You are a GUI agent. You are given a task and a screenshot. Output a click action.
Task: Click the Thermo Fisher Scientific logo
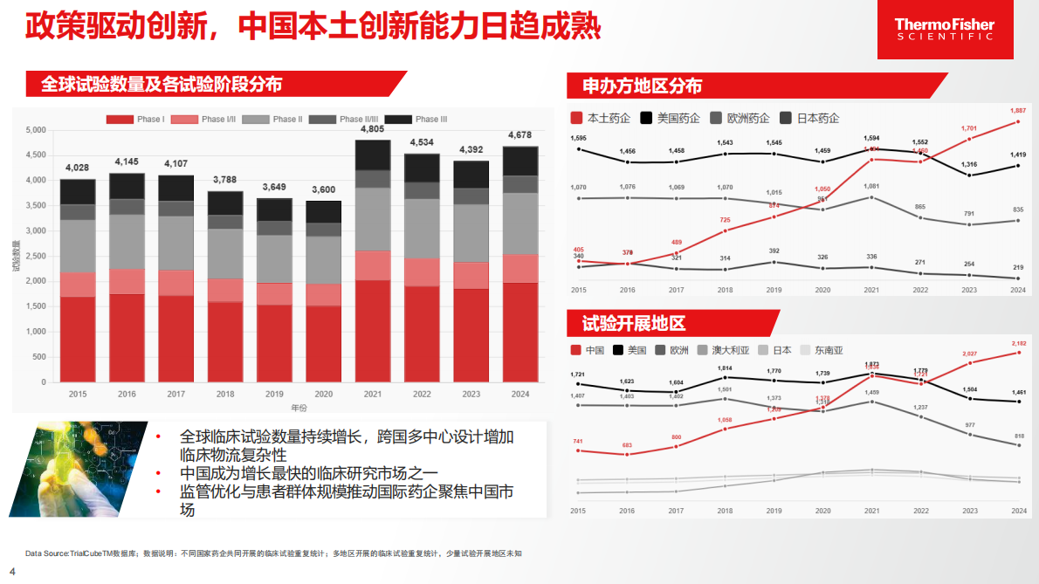(x=945, y=30)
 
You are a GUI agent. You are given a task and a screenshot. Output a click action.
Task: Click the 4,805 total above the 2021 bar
(x=372, y=129)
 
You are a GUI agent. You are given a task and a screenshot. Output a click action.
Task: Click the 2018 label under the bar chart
(x=224, y=395)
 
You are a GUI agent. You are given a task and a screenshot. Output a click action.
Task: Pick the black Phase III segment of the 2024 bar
(x=520, y=161)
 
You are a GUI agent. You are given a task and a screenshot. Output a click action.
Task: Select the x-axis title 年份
(x=299, y=408)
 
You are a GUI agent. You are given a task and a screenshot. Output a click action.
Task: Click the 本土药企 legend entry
(x=601, y=118)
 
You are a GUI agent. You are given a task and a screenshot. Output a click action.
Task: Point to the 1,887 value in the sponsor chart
(x=1018, y=111)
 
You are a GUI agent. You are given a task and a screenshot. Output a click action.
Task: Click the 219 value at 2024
(x=1018, y=267)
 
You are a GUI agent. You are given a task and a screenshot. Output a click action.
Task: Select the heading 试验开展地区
(x=634, y=324)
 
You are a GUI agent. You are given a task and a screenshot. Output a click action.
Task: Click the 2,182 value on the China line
(x=1018, y=343)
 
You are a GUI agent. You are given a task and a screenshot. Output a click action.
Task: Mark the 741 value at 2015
(x=578, y=442)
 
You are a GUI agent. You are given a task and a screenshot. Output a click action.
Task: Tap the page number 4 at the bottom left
(x=12, y=572)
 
